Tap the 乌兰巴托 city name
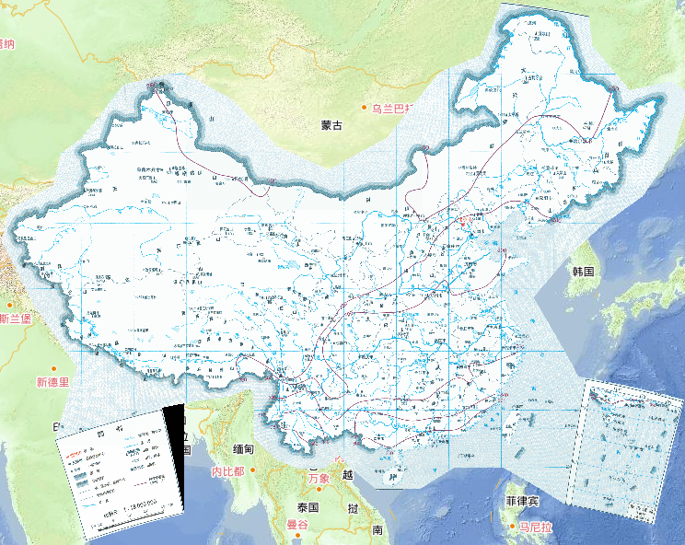[393, 108]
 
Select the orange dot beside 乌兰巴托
[365, 108]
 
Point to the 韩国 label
[584, 272]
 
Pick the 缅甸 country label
[249, 449]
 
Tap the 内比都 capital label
[227, 471]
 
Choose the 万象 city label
[319, 479]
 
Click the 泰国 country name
[307, 507]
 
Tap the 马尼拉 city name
[536, 528]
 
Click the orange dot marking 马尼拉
[513, 528]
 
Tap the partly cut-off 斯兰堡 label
[17, 319]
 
